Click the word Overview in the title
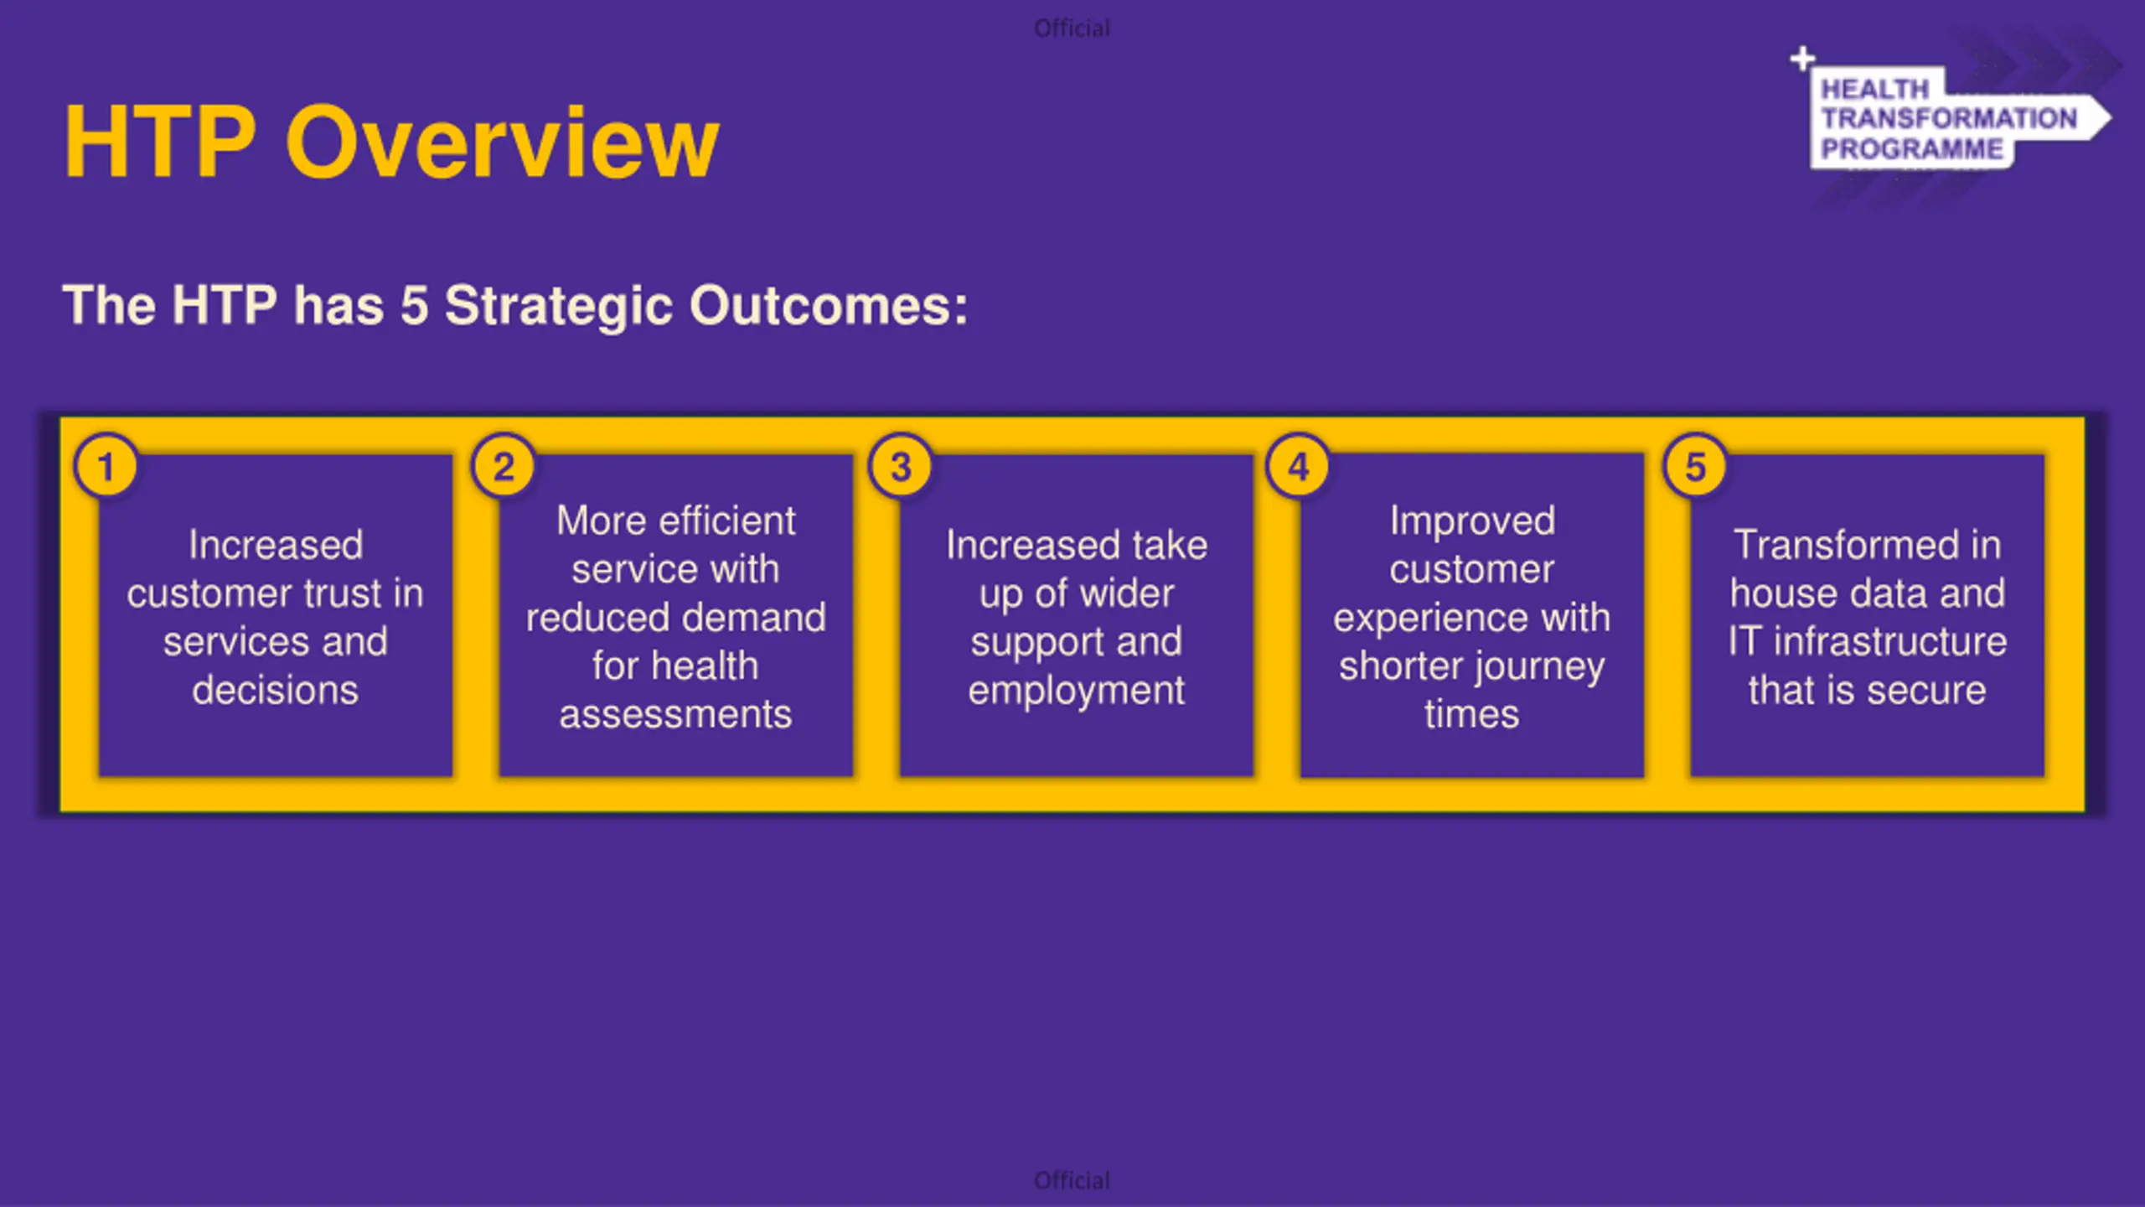click(503, 141)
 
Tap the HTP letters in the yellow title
click(160, 141)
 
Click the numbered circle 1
click(106, 466)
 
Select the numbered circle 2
click(504, 466)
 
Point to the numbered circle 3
click(901, 466)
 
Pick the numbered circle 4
click(1299, 466)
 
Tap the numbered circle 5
click(1695, 466)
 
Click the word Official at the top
click(1072, 28)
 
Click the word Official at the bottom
click(1072, 1180)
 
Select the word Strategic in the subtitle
click(559, 305)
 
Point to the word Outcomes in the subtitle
click(829, 305)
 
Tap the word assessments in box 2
click(675, 715)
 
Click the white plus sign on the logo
click(1802, 59)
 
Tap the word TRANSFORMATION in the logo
click(1949, 118)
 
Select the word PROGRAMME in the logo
click(1912, 149)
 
